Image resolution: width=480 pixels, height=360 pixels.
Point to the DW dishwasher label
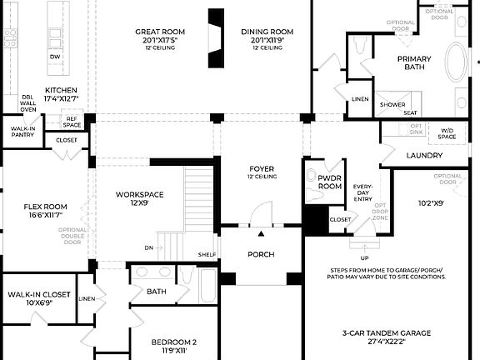54,57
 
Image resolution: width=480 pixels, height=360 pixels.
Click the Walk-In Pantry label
22,132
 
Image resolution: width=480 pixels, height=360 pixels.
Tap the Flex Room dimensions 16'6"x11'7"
45,214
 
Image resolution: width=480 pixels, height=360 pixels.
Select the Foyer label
262,168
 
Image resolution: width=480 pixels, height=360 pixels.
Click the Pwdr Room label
330,182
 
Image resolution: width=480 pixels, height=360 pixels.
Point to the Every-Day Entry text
362,193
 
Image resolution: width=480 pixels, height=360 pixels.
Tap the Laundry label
424,156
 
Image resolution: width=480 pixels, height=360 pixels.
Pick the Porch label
259,254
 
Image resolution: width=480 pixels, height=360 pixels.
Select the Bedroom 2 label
173,342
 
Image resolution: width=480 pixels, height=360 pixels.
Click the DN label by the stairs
149,247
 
